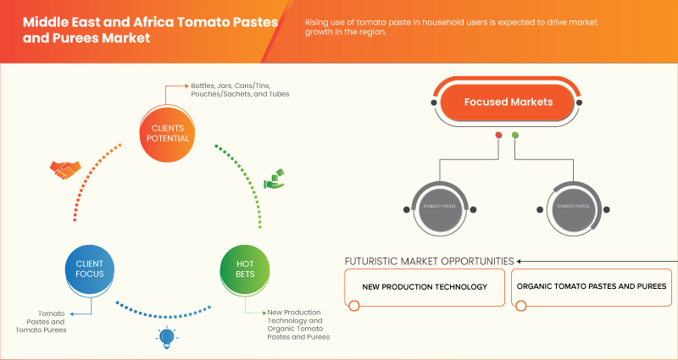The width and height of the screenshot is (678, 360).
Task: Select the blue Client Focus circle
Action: [x=89, y=269]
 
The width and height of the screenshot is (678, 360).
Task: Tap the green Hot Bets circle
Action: [x=245, y=269]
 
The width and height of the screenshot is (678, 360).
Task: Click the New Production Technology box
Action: [x=425, y=286]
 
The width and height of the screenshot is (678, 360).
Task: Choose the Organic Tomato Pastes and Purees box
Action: [x=591, y=286]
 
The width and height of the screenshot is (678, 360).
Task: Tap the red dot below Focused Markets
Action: [x=498, y=135]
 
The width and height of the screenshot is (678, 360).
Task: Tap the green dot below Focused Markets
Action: [x=515, y=135]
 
